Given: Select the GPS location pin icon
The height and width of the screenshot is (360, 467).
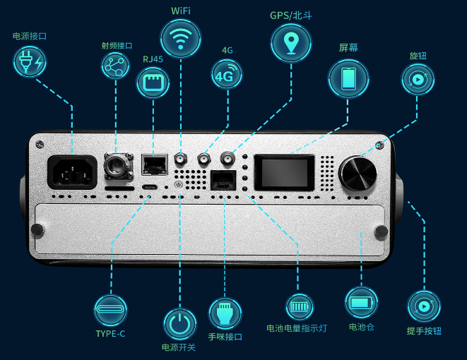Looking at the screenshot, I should pos(291,42).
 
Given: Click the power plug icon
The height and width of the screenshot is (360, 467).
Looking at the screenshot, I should pos(30,61).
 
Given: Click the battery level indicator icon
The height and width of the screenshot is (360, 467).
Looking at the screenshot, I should pos(297,308).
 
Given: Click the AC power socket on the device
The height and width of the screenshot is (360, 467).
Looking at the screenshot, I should pos(71,171).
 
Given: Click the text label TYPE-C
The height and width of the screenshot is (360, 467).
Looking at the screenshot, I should pos(111,333).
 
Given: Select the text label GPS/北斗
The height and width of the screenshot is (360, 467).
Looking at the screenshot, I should pos(291,14).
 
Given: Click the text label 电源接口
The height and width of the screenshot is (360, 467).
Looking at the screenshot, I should pos(30,36).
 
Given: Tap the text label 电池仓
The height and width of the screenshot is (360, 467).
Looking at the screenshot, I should pos(361,327).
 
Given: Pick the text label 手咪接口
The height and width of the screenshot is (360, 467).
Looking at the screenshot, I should pos(225,337).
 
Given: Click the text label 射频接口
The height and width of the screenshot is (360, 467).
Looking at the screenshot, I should pos(117,46).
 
